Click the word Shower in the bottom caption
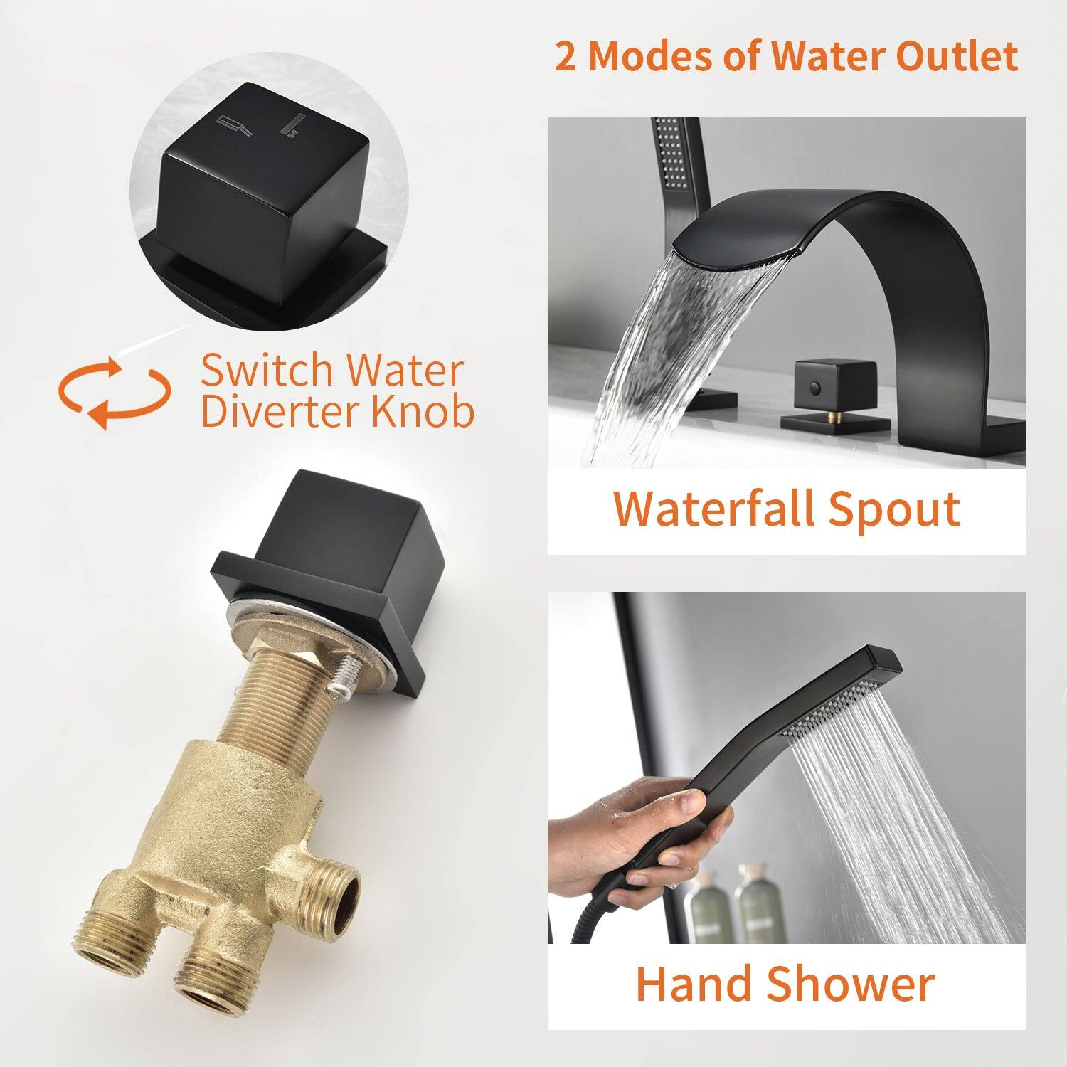851,984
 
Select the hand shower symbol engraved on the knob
293,126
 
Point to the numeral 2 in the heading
566,57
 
